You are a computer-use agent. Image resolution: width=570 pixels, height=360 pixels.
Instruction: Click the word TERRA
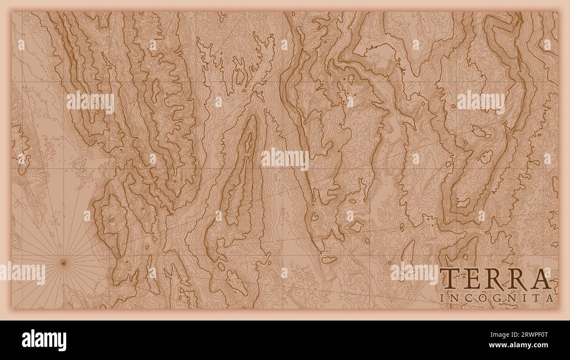coord(495,279)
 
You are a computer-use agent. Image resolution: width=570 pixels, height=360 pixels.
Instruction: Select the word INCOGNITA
coord(496,298)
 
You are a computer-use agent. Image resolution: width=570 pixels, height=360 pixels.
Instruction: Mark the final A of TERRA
coord(541,279)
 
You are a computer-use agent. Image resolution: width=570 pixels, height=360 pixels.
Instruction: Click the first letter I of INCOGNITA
coord(442,298)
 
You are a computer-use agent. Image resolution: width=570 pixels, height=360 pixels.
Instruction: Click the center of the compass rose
coord(63,262)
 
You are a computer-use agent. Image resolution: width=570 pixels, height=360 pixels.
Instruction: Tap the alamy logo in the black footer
coord(44,340)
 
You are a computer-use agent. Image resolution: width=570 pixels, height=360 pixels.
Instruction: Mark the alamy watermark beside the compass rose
coord(23,274)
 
